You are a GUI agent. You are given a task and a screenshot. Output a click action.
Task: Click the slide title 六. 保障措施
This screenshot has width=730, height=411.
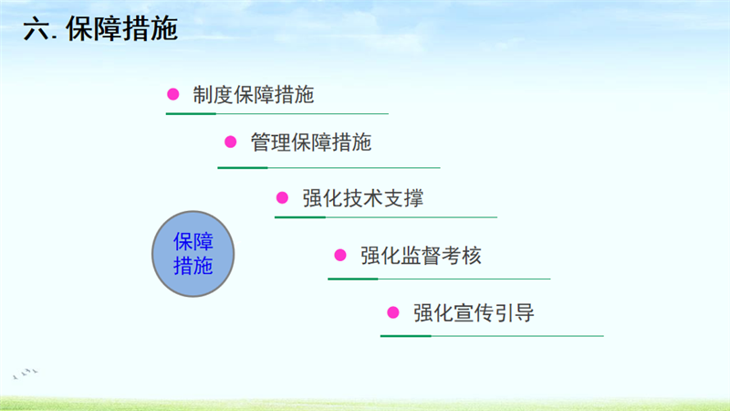(100, 29)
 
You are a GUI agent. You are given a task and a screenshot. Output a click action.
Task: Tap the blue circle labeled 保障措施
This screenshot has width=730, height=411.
(193, 254)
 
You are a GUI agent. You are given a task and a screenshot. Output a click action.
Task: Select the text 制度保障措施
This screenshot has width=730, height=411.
(254, 95)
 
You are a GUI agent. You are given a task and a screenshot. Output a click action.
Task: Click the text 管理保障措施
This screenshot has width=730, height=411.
(311, 142)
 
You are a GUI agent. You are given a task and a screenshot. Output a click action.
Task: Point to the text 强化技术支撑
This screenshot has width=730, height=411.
(363, 198)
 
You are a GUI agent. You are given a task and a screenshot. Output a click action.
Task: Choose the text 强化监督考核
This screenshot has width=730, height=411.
(421, 256)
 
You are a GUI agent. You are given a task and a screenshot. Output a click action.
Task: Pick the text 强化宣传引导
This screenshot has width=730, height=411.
(474, 312)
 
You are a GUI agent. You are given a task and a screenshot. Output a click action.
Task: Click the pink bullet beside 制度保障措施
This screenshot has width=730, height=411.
(173, 95)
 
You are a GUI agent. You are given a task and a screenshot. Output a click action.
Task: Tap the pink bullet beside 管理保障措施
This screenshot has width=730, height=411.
(231, 142)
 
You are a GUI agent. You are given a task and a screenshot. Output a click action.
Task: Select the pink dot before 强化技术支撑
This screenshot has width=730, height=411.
(282, 197)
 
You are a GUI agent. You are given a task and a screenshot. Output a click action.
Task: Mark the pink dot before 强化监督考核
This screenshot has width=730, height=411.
(340, 255)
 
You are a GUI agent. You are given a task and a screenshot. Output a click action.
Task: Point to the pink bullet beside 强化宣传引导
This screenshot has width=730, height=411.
(393, 312)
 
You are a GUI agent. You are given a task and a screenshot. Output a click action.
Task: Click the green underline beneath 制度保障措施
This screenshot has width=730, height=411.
(277, 113)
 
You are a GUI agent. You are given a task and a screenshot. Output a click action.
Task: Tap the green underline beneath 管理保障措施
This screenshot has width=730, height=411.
(328, 167)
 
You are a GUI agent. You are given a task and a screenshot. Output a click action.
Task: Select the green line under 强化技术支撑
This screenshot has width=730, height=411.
(386, 217)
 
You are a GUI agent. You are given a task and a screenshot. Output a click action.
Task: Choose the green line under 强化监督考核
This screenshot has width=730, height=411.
(439, 279)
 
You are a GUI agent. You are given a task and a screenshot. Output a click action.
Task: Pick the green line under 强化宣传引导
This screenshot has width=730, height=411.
(492, 335)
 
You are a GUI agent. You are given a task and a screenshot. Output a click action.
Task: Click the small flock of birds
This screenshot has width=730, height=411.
(26, 374)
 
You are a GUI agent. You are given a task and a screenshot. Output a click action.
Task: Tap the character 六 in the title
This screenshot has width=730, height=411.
(36, 29)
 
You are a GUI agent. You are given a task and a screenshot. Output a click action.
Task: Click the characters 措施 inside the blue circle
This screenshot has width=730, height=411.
(193, 266)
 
